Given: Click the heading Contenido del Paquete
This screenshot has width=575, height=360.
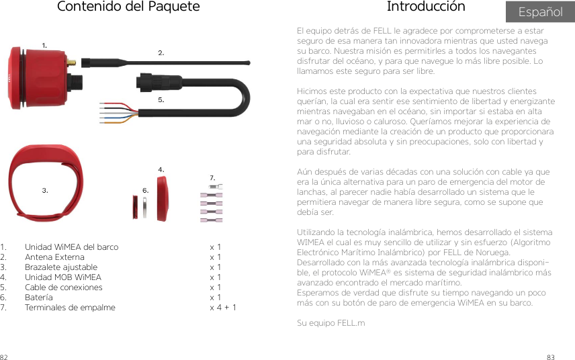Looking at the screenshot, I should [x=128, y=7].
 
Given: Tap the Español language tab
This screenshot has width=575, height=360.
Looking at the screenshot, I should [x=540, y=12].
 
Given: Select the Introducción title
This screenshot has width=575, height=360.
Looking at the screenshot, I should [x=425, y=7].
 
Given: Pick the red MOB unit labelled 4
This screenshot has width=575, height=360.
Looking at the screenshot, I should [x=163, y=197].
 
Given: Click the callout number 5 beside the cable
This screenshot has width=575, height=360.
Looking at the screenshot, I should [x=161, y=99].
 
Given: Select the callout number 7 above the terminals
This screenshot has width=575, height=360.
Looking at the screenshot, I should [x=212, y=177].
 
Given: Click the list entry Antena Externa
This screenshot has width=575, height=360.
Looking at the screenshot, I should [x=54, y=257].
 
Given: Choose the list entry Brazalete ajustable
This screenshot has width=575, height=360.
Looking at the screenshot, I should [x=60, y=267].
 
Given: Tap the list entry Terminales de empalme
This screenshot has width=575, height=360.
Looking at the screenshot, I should [x=70, y=308].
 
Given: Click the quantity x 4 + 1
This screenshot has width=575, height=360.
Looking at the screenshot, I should [x=222, y=308].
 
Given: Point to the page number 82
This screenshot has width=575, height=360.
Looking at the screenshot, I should [x=5, y=355].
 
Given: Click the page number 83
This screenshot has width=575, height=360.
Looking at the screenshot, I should [x=569, y=355].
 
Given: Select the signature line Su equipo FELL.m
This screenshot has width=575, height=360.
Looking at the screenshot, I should [x=330, y=323].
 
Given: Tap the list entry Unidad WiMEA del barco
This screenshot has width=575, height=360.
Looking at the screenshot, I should [x=71, y=247].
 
